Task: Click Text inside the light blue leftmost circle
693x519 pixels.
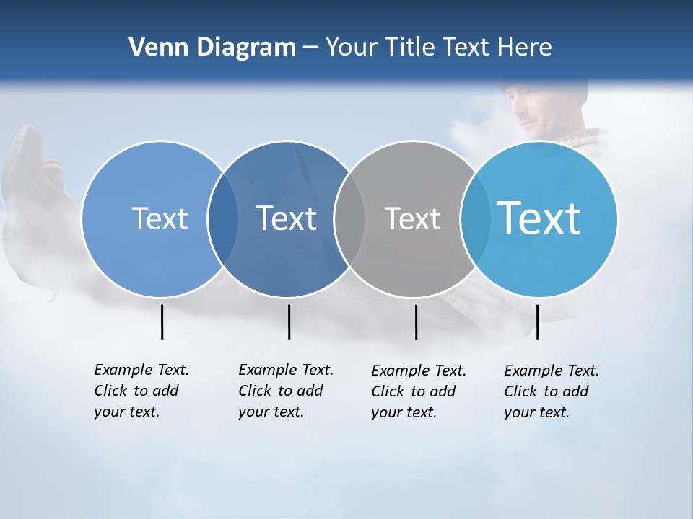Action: [x=160, y=218]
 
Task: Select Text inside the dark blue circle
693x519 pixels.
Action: [x=286, y=218]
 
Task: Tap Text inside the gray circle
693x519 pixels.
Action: [x=412, y=218]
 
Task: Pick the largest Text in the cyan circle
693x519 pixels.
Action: [x=539, y=218]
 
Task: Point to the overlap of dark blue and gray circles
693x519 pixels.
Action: [x=349, y=218]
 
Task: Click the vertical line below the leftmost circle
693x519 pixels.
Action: [x=162, y=321]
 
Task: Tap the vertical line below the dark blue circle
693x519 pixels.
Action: [x=289, y=321]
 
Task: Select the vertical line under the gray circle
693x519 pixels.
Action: [x=416, y=321]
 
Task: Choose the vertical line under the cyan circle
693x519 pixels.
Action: [x=537, y=321]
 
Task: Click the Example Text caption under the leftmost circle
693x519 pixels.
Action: [x=141, y=391]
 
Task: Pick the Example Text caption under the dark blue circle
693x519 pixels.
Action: [x=286, y=391]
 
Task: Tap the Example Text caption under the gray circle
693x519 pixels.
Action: [x=419, y=391]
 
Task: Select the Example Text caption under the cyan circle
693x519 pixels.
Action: [x=552, y=391]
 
